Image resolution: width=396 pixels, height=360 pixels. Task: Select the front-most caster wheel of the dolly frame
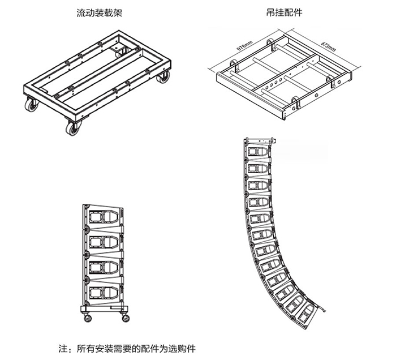pyautogui.click(x=73, y=127)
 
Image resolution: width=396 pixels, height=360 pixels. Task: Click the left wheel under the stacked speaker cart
pyautogui.click(x=88, y=318)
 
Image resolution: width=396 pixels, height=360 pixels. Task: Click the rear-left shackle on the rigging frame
pyautogui.click(x=271, y=41)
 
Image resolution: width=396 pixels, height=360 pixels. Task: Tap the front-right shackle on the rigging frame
pyautogui.click(x=296, y=104)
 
